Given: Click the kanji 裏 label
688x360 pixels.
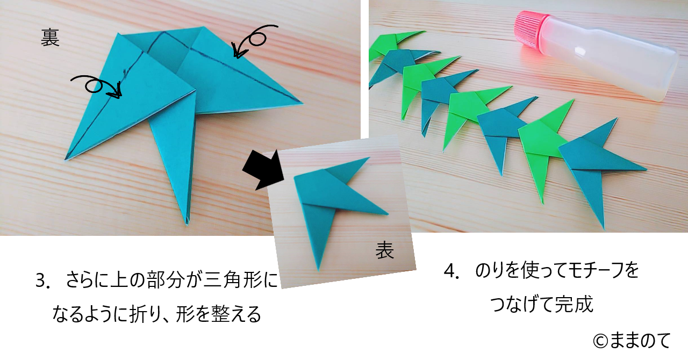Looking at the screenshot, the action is [50, 38].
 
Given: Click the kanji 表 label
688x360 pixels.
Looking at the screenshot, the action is [384, 250].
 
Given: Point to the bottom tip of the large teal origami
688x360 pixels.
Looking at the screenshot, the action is [187, 224].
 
